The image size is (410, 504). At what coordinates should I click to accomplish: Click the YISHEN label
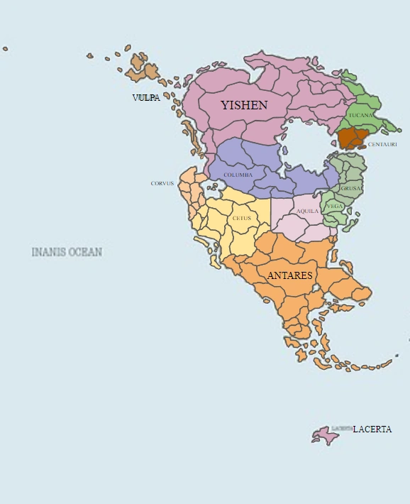(243, 106)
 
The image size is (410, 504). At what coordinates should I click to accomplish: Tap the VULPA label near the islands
(146, 98)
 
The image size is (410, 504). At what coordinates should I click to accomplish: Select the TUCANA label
(360, 115)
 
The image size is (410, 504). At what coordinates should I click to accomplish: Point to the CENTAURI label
(382, 144)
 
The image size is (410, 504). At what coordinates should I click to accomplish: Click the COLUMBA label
(238, 175)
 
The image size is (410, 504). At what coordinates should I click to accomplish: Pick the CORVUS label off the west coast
(162, 183)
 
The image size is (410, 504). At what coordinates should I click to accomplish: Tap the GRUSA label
(350, 189)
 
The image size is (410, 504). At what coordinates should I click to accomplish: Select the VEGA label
(335, 206)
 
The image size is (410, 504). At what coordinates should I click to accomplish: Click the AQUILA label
(307, 212)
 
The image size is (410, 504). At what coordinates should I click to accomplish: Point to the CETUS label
(242, 218)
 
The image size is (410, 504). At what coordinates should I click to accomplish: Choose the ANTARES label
(289, 275)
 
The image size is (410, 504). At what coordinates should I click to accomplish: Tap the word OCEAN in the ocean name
(85, 252)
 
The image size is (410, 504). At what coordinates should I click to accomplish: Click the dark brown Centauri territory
(350, 137)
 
